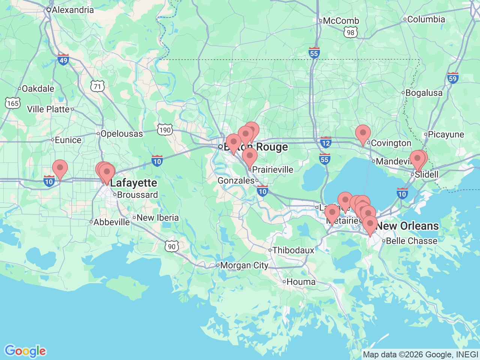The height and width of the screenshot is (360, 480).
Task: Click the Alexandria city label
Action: coord(72,10)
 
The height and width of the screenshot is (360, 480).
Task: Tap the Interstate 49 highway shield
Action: coord(63,59)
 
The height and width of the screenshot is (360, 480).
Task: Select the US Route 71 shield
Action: coord(97,87)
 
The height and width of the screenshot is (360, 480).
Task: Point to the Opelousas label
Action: coord(121,134)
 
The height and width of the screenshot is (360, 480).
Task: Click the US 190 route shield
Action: coord(165,130)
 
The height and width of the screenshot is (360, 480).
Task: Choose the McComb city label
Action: coord(341,21)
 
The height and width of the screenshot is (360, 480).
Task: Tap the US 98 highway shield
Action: coord(350,33)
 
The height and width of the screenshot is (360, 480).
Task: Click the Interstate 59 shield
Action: coord(453,78)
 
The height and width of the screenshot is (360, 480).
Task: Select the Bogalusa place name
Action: coord(424,93)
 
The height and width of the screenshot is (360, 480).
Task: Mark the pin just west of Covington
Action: coord(363,134)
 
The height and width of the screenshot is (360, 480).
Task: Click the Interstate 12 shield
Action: coord(325,142)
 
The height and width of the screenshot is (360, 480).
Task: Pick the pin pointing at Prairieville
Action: coord(250,156)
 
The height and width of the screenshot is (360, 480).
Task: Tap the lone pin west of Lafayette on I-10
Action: coord(60,168)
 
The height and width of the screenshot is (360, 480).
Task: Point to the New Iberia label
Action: coord(157,218)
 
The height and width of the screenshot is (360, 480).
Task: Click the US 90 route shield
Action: coord(171,246)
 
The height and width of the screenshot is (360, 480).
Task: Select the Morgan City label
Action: coord(244,265)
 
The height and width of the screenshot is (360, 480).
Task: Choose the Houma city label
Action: coord(301,282)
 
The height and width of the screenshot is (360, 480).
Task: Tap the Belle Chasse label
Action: coord(411,241)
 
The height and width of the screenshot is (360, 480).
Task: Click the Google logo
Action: coord(25,351)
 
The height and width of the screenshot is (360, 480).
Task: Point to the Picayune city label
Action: coord(446,135)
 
